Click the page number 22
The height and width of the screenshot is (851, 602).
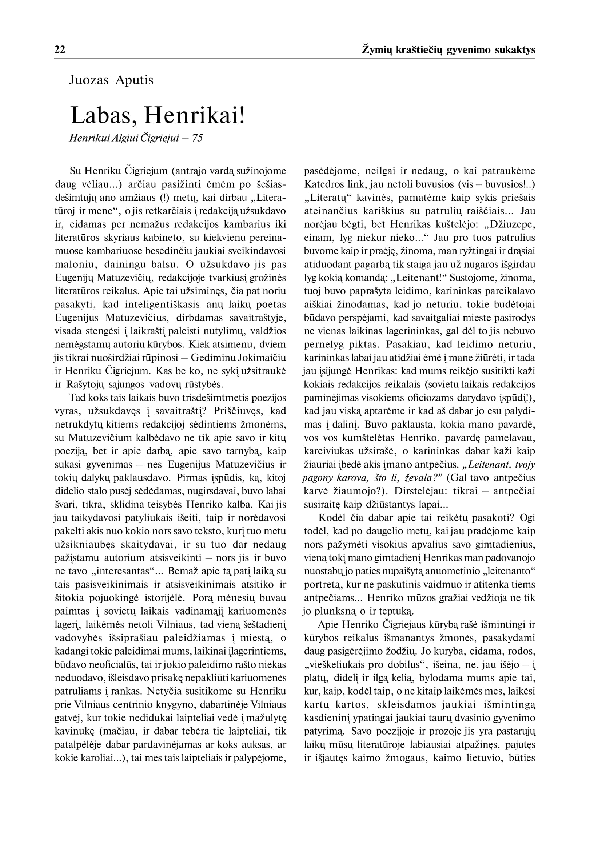coord(60,50)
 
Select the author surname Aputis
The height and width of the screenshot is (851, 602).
coord(134,80)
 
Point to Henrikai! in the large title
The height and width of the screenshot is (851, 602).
coord(194,115)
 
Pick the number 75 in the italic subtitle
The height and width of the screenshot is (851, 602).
coord(198,138)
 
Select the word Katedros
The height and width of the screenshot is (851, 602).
coord(320,184)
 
